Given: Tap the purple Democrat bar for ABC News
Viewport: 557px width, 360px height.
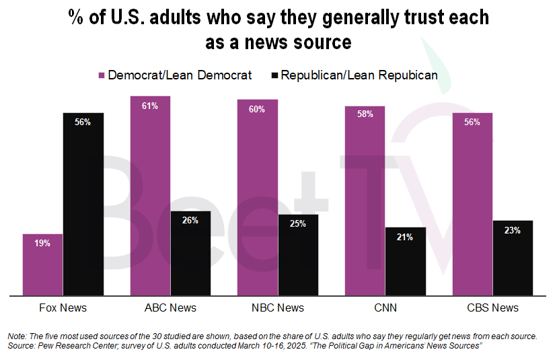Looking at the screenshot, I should tap(150, 195).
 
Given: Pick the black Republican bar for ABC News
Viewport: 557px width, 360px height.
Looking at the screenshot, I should tap(190, 253).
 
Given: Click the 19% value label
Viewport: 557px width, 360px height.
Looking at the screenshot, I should tap(42, 243).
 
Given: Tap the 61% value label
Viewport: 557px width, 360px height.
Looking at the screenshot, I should tap(150, 106).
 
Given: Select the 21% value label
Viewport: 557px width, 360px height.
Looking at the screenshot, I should tap(406, 236).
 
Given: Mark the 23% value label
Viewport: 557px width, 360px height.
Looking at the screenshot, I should tap(513, 230).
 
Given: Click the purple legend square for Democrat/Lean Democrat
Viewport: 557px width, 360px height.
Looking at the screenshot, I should tap(102, 75).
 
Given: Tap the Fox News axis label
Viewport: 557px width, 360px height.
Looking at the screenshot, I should tap(63, 308).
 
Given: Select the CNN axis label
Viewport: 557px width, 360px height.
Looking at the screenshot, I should tap(385, 308).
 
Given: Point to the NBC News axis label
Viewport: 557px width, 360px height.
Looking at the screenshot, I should tap(277, 308).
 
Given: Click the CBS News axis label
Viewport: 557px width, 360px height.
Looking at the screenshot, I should tap(492, 308).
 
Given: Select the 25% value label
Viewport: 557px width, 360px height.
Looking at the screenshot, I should tap(298, 223).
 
